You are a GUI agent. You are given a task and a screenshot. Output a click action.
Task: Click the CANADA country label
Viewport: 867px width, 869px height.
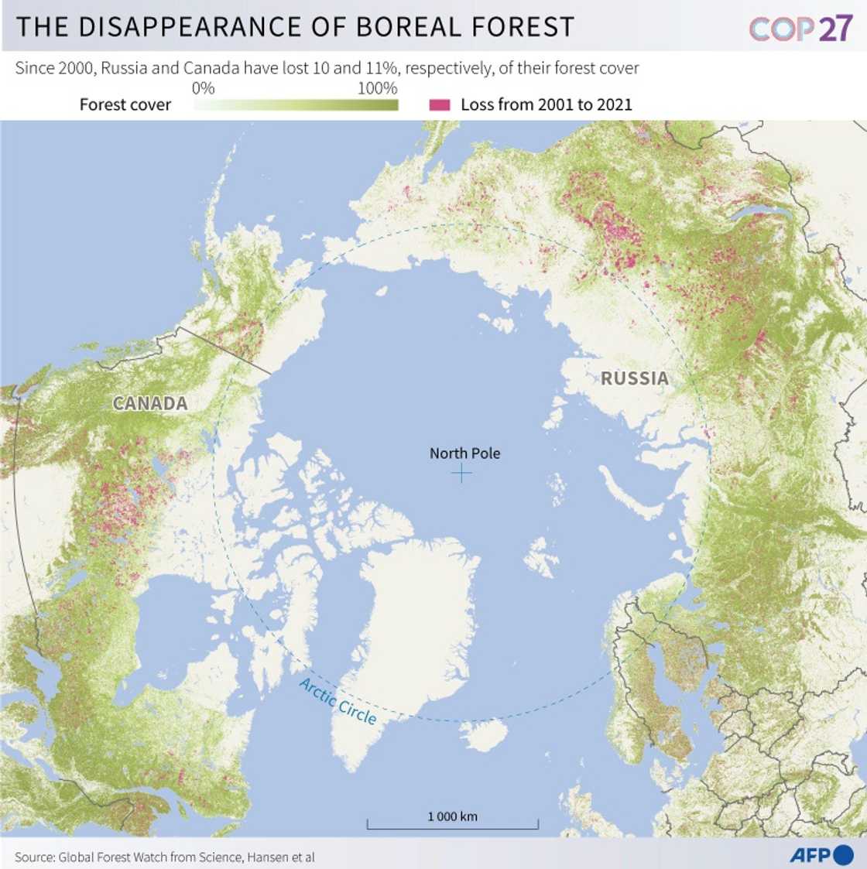pyautogui.click(x=150, y=403)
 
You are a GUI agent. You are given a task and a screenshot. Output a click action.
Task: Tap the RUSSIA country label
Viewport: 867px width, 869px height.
pyautogui.click(x=635, y=378)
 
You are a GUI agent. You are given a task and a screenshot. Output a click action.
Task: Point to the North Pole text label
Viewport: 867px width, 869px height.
pyautogui.click(x=464, y=453)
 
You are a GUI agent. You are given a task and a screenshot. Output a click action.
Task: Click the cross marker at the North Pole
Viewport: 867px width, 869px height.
pyautogui.click(x=461, y=473)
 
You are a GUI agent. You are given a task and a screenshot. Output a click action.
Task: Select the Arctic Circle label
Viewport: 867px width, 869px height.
pyautogui.click(x=338, y=701)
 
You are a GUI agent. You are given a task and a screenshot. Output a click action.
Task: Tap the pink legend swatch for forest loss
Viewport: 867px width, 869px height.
pyautogui.click(x=440, y=104)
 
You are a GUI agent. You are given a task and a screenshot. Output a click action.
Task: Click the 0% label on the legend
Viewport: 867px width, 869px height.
pyautogui.click(x=203, y=88)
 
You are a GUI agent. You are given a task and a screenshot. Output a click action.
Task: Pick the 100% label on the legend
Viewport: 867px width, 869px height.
pyautogui.click(x=377, y=88)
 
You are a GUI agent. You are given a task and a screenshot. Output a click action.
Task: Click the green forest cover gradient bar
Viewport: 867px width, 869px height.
pyautogui.click(x=296, y=105)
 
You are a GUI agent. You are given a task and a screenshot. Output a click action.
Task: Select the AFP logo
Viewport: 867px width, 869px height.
pyautogui.click(x=821, y=855)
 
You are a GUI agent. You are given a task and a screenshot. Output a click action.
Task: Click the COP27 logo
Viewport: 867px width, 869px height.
pyautogui.click(x=800, y=29)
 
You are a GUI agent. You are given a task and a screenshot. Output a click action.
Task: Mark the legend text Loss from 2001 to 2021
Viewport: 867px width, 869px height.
pyautogui.click(x=547, y=104)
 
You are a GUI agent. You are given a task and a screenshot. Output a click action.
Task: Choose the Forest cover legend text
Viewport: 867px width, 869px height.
pyautogui.click(x=125, y=104)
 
